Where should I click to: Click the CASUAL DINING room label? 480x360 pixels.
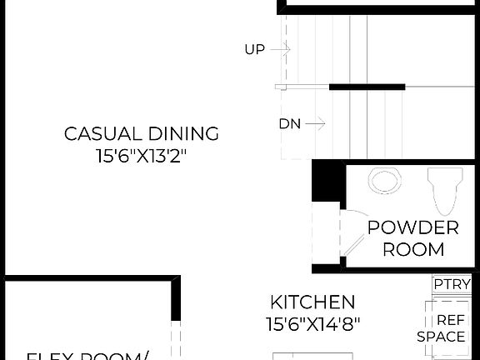[142, 133]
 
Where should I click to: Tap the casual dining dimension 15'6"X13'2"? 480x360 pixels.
[142, 156]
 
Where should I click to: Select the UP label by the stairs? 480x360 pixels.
[254, 50]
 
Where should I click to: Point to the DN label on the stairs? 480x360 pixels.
[289, 124]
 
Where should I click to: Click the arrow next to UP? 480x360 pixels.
[280, 50]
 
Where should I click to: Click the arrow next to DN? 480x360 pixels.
[315, 124]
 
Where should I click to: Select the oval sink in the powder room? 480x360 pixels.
[384, 181]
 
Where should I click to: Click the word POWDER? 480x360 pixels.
[413, 227]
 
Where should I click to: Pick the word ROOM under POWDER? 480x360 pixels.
[413, 248]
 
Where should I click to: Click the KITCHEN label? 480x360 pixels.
[312, 302]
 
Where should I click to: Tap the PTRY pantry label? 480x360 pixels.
[452, 284]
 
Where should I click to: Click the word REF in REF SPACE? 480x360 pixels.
[452, 319]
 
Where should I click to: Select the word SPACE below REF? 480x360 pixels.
[442, 337]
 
